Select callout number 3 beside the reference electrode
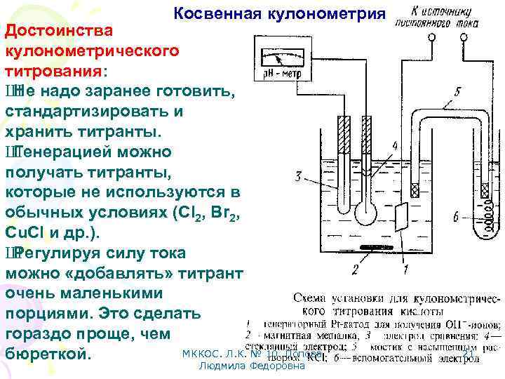(x=300, y=177)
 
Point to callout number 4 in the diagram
(x=394, y=146)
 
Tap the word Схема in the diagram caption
(x=314, y=297)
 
